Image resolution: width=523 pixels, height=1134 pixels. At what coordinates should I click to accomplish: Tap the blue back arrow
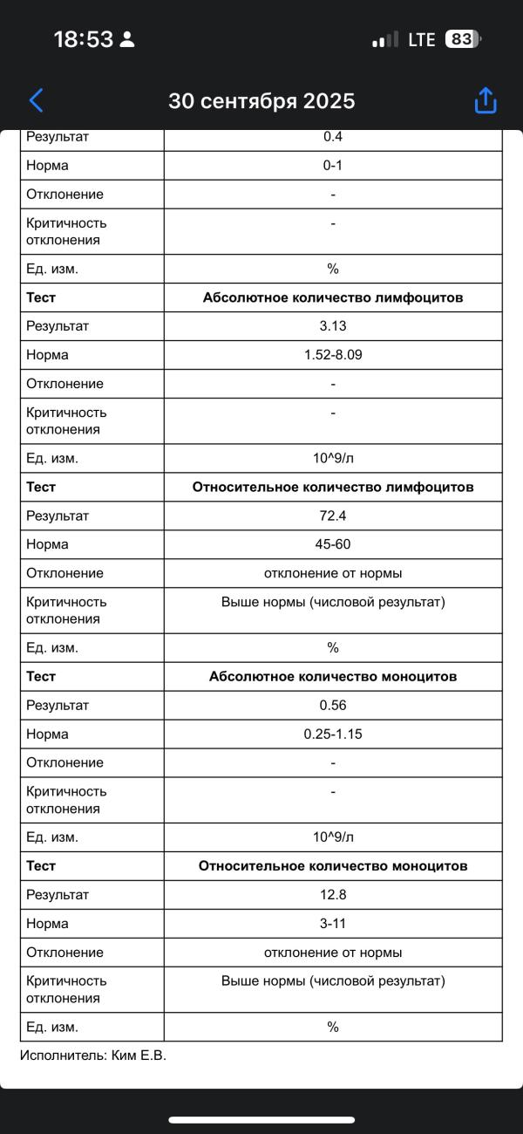36,100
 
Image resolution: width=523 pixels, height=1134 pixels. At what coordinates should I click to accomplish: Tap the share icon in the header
486,100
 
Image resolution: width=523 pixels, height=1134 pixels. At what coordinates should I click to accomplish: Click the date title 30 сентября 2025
261,101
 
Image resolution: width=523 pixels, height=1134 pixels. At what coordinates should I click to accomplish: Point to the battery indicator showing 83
462,39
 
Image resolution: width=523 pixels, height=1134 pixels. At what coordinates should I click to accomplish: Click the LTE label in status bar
421,39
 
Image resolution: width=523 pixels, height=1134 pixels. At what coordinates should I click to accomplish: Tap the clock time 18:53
84,39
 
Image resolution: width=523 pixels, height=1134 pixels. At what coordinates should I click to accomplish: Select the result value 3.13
333,326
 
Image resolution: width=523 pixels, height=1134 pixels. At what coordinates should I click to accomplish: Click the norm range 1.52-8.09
333,355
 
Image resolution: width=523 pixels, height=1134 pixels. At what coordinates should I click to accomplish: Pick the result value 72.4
333,516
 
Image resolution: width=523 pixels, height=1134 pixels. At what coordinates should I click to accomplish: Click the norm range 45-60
333,544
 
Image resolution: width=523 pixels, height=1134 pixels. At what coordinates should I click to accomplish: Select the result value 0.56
333,705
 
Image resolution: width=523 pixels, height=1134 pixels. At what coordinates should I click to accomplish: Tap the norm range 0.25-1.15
333,734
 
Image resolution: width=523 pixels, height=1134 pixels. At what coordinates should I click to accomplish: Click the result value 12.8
333,894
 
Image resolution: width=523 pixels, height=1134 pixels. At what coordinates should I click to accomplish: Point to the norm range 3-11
333,923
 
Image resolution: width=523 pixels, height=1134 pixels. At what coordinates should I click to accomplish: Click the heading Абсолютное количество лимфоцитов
333,297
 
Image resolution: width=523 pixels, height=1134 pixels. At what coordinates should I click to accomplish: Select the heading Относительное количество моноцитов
333,865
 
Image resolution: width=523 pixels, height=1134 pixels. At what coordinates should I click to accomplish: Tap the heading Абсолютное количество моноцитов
333,676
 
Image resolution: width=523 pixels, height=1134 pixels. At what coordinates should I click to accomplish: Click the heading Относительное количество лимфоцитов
333,487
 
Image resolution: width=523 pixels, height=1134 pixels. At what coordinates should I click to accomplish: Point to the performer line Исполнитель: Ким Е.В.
93,1055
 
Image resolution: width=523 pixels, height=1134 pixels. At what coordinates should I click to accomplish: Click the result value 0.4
333,137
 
